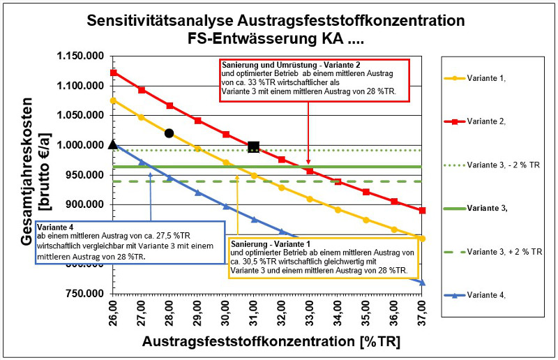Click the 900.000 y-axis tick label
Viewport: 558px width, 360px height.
(80, 205)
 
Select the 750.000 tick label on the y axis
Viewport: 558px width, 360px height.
(80, 294)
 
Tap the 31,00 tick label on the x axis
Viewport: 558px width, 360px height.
(253, 313)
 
